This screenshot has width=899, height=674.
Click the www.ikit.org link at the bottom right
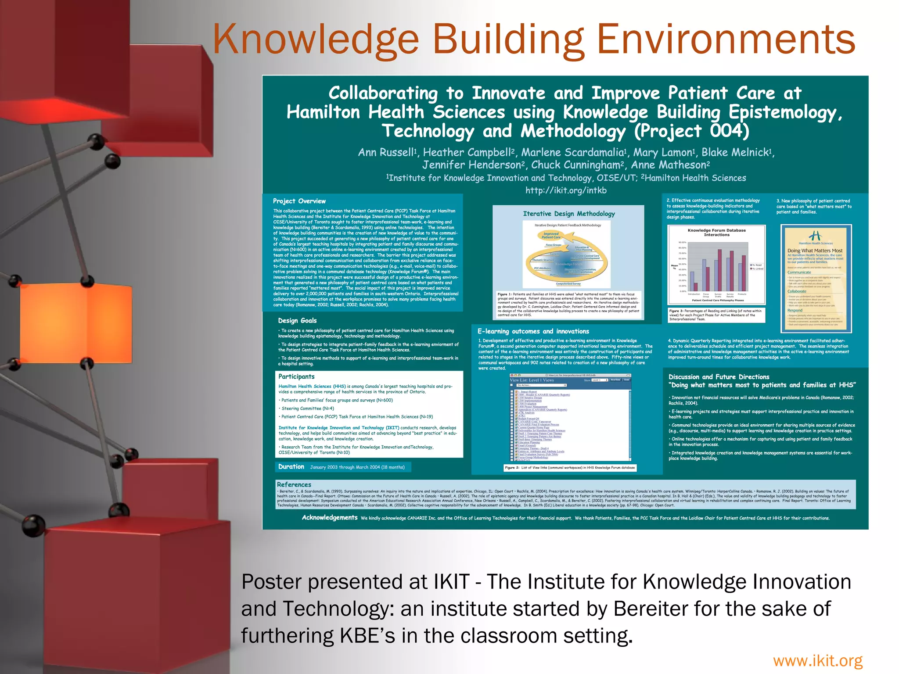pos(817,660)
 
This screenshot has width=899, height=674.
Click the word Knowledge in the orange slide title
pos(316,39)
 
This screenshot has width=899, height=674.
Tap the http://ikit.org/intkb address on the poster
pos(566,190)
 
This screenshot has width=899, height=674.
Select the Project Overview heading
pos(299,201)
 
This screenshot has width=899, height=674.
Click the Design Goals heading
pos(297,321)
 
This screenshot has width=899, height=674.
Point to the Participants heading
pos(296,376)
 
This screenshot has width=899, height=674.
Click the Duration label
pos(291,467)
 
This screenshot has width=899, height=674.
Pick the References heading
pos(294,484)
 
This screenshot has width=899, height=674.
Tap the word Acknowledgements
pos(329,518)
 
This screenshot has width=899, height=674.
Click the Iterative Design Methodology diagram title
pos(568,214)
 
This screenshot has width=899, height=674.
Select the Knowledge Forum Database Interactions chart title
pos(716,233)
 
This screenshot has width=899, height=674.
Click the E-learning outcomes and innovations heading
pos(533,331)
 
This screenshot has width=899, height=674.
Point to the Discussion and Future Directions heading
pos(719,377)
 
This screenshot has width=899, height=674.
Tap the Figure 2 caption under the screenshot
pos(569,468)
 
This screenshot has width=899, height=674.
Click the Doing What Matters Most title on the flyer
pos(815,251)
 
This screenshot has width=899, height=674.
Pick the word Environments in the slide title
pos(726,39)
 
